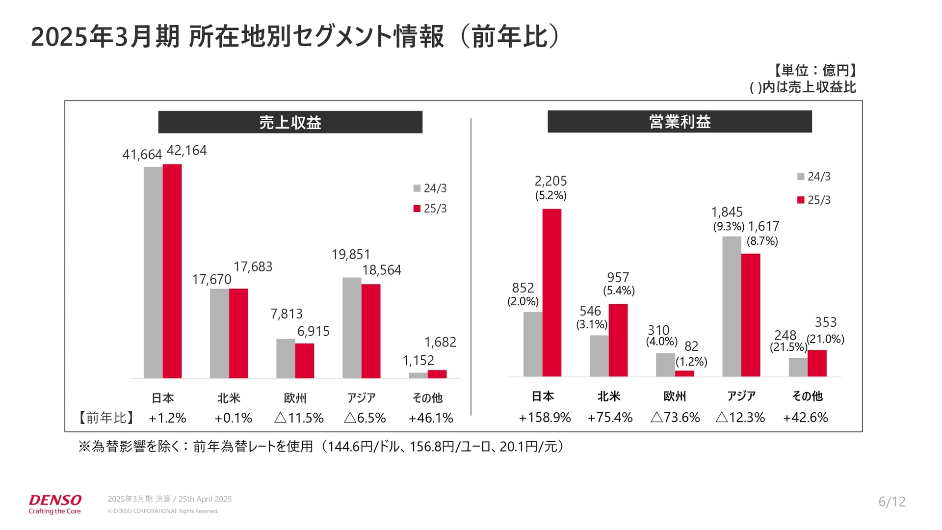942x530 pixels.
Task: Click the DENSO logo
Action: coord(55,501)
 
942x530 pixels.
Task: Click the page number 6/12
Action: coord(891,502)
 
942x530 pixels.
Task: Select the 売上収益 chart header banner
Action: coord(290,122)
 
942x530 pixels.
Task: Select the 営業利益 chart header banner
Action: coord(680,122)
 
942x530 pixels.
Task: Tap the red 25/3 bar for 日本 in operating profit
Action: coord(551,293)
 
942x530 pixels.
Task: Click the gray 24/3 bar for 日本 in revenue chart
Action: coord(153,272)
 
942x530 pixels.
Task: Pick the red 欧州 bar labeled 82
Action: coord(684,373)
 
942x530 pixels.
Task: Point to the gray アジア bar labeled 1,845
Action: coord(732,307)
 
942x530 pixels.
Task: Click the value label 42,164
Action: coord(186,151)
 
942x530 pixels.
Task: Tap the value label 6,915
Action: coord(313,331)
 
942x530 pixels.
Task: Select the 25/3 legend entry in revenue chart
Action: coord(430,209)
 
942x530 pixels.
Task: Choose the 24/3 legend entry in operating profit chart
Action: coord(814,177)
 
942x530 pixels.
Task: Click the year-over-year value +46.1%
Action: coord(430,418)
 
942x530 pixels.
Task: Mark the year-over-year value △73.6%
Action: coord(675,418)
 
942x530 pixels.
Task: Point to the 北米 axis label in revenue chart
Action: coord(229,398)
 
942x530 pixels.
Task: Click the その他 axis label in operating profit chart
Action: coord(807,396)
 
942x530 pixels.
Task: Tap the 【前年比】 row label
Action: coord(106,418)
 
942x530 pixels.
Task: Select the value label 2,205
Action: coord(550,181)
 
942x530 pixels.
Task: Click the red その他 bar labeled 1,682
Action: coord(437,374)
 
